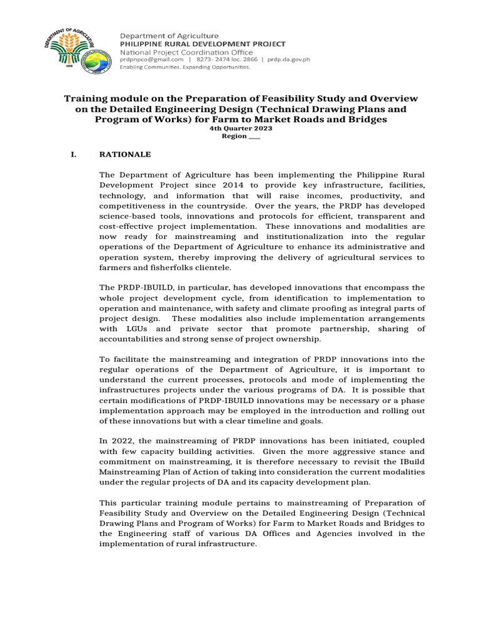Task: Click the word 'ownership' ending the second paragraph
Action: (x=300, y=339)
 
